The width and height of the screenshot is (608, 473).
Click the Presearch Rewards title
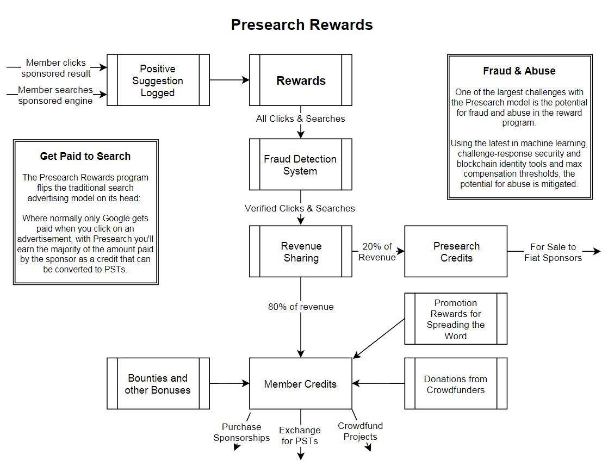click(x=302, y=25)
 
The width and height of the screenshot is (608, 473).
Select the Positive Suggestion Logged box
click(x=158, y=80)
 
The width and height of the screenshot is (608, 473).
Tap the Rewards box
click(x=301, y=80)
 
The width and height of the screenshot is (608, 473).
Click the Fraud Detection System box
click(x=300, y=165)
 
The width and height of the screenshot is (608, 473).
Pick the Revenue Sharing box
click(x=301, y=252)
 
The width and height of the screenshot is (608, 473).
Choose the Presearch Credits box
click(x=456, y=252)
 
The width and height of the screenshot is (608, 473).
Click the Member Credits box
click(x=300, y=384)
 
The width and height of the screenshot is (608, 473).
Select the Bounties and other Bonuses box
click(x=158, y=384)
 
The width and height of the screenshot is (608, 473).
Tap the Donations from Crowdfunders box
click(x=456, y=384)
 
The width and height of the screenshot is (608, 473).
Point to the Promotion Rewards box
click(x=456, y=319)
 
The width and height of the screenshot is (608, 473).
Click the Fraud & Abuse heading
click(x=519, y=71)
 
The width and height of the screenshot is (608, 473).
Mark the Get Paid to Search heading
click(x=85, y=156)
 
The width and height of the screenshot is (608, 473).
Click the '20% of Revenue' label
click(x=377, y=252)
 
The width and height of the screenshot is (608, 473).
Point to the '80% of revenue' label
click(x=301, y=307)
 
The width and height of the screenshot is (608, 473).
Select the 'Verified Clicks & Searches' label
click(x=300, y=208)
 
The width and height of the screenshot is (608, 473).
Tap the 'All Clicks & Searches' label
click(x=300, y=119)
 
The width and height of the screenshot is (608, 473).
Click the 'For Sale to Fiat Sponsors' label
click(x=553, y=252)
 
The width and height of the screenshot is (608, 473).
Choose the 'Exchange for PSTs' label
click(x=300, y=435)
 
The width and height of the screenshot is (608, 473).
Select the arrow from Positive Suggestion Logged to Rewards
click(x=229, y=80)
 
